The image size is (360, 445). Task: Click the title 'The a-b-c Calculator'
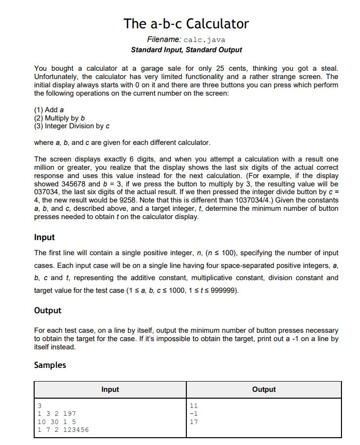pos(186,23)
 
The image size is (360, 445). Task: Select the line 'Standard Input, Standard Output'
pos(186,50)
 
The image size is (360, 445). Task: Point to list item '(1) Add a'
pos(49,110)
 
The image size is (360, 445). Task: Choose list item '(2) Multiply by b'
pos(60,118)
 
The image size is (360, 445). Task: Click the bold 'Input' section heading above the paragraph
pos(44,237)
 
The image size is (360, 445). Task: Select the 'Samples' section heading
pos(50,365)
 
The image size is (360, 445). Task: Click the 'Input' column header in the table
pos(110,389)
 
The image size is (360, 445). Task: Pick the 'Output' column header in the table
pos(264,389)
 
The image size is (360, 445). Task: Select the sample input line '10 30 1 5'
pos(56,422)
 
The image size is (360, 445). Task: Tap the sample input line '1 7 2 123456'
pos(63,430)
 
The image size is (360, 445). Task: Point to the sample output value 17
pos(193,422)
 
